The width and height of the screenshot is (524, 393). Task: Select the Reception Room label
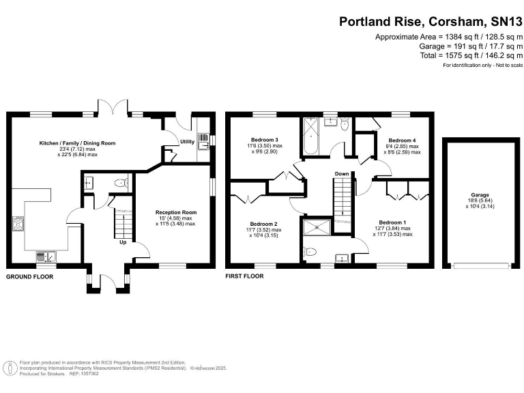coord(175,212)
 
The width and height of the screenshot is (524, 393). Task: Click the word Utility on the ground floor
coord(187,142)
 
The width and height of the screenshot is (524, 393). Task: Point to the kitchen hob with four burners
coord(17,224)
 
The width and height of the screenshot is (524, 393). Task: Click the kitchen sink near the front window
coord(47,257)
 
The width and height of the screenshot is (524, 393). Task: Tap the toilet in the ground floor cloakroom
coord(120,183)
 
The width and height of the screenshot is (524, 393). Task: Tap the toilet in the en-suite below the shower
coord(310,252)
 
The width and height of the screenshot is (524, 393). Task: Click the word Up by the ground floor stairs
coord(123,242)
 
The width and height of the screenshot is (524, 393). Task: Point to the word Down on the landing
coord(342,174)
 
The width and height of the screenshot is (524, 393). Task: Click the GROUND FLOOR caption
coord(29,276)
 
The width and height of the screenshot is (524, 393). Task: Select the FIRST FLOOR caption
coord(244,276)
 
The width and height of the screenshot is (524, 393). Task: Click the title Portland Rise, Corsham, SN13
coord(428,21)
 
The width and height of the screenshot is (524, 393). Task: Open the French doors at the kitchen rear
coord(111,108)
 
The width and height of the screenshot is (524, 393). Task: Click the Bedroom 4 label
coord(402,140)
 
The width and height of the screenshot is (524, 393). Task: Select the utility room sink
coord(203,145)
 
